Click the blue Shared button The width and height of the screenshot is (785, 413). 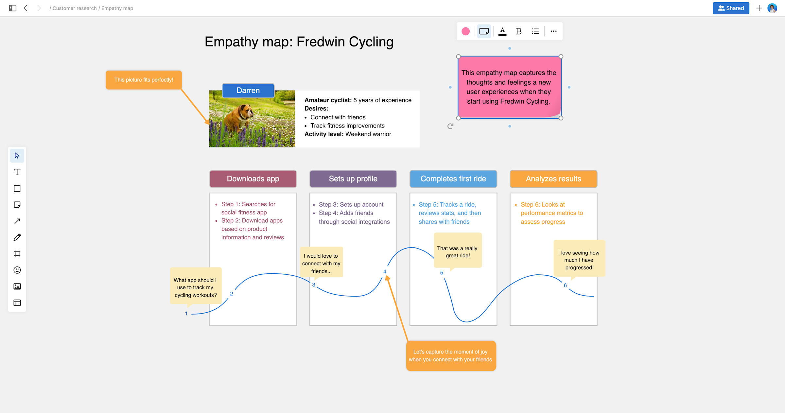coord(731,8)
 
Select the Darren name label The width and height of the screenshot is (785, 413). coord(248,91)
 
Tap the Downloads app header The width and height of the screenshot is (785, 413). coord(253,179)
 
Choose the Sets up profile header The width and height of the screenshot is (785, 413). coord(353,179)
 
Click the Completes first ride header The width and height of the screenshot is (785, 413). coord(453,179)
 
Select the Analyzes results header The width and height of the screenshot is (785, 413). coord(553,179)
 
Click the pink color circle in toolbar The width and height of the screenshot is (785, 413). coord(465,31)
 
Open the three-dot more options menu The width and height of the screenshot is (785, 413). coord(553,31)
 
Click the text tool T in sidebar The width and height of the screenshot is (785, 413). coord(17,172)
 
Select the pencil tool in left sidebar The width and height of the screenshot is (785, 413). coord(17,237)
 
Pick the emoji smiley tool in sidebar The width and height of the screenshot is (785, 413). coord(17,270)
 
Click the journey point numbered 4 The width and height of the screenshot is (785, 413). coord(385,272)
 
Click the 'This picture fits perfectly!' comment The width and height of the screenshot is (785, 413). coord(144,80)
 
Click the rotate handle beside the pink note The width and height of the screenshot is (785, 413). coord(450,126)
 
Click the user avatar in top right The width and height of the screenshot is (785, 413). coord(772,8)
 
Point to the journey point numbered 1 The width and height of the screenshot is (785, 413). coord(186,314)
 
